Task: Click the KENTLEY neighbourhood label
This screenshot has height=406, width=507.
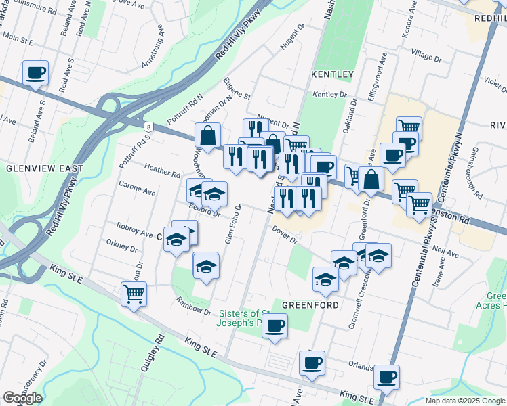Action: pyautogui.click(x=332, y=74)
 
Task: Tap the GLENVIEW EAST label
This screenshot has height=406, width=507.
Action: pyautogui.click(x=45, y=168)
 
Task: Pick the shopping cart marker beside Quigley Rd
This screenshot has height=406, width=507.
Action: pyautogui.click(x=134, y=294)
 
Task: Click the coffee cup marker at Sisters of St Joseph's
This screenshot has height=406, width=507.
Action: pyautogui.click(x=275, y=326)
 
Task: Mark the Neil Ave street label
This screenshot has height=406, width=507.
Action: pyautogui.click(x=445, y=252)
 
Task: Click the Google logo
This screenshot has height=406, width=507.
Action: pyautogui.click(x=22, y=398)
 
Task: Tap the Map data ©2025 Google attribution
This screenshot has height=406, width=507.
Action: pyautogui.click(x=464, y=401)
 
